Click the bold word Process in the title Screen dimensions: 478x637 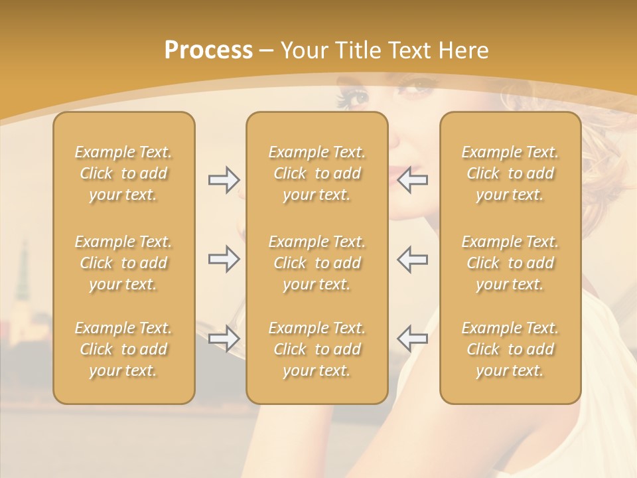208,50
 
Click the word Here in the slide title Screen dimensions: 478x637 463,50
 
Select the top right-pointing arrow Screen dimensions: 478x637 224,180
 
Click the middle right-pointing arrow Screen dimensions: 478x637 224,259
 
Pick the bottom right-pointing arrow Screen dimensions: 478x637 224,339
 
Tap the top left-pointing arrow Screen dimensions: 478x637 412,180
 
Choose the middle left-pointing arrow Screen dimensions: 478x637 412,259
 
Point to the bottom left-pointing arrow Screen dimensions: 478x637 412,339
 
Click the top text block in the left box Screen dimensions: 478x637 123,173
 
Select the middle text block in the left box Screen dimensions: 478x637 123,263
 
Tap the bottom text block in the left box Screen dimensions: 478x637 123,349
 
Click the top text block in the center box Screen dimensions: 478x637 317,173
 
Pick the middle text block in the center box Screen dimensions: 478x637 317,263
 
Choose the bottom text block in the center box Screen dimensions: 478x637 317,349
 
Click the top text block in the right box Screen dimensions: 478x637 510,173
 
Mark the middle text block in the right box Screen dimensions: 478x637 510,263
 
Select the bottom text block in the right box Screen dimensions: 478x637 510,349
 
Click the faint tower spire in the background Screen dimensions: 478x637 25,266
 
